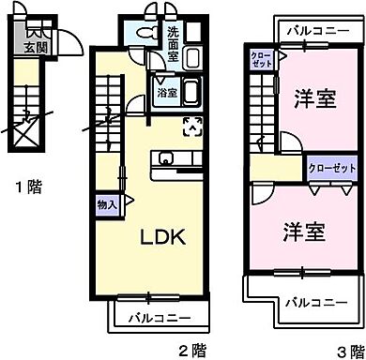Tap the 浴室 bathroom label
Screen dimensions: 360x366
pos(165,94)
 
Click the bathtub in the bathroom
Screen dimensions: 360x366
pos(188,95)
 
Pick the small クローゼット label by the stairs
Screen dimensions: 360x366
pos(260,63)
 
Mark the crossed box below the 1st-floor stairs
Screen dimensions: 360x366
pos(26,133)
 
